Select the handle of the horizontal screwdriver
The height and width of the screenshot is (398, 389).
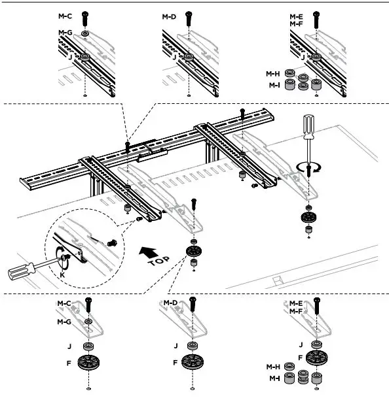(18, 271)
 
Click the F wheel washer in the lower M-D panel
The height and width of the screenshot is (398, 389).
(193, 361)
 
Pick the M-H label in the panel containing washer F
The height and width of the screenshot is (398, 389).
(272, 367)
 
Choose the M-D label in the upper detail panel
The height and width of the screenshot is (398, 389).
(169, 16)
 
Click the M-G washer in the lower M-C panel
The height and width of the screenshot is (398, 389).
(88, 322)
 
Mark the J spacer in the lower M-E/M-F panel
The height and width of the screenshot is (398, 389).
(316, 344)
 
